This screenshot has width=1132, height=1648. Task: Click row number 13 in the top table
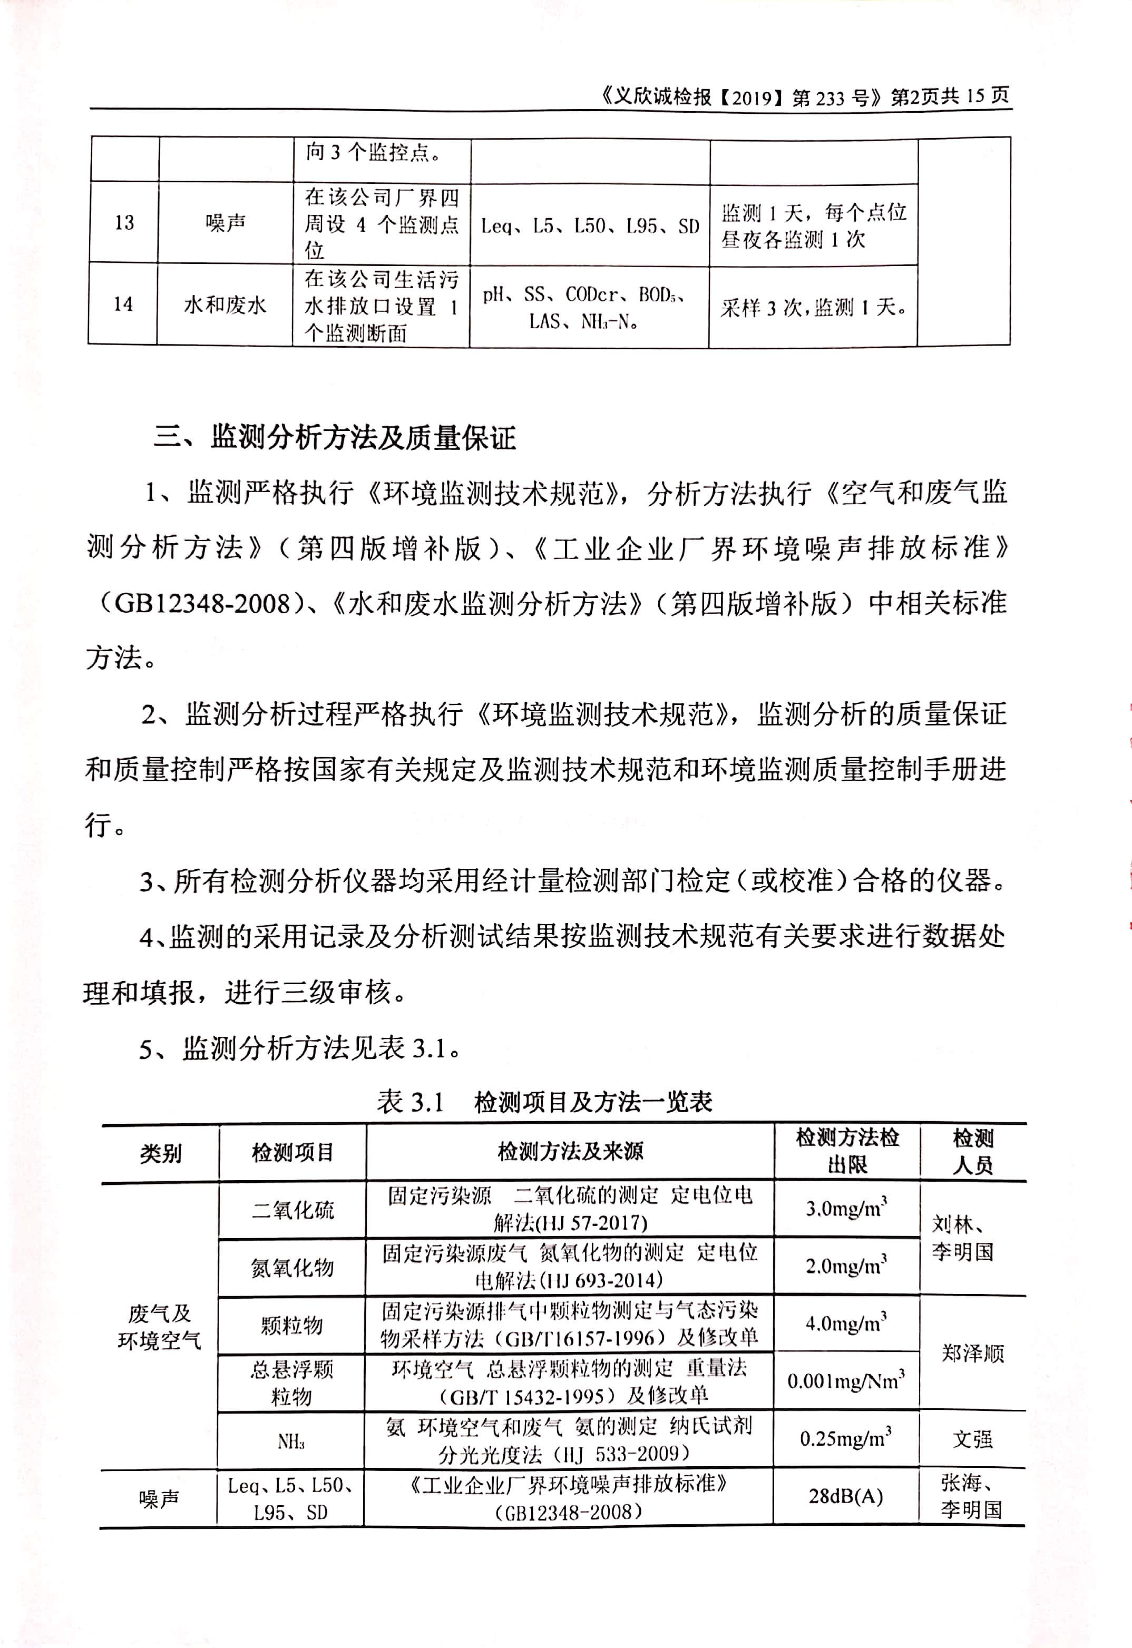pyautogui.click(x=124, y=223)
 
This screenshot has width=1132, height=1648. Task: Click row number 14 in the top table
pyautogui.click(x=123, y=304)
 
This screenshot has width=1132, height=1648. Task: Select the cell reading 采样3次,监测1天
pyautogui.click(x=813, y=307)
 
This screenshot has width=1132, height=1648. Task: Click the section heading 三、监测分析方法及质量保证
pyautogui.click(x=334, y=437)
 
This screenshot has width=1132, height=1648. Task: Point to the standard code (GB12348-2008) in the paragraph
pyautogui.click(x=195, y=603)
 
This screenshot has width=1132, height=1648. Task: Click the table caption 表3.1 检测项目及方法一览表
pyautogui.click(x=544, y=1101)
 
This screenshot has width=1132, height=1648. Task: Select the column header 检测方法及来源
pyautogui.click(x=570, y=1152)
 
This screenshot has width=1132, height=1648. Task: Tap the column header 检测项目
pyautogui.click(x=292, y=1152)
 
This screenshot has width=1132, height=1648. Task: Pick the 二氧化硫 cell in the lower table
pyautogui.click(x=292, y=1210)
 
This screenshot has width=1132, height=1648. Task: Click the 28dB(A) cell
pyautogui.click(x=845, y=1496)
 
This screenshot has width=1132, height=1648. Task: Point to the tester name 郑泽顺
pyautogui.click(x=972, y=1353)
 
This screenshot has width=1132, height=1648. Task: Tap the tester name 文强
pyautogui.click(x=972, y=1439)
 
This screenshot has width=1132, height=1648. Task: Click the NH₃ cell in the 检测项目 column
pyautogui.click(x=291, y=1441)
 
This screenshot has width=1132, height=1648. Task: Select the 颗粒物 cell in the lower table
pyautogui.click(x=291, y=1325)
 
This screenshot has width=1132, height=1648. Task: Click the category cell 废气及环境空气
pyautogui.click(x=160, y=1326)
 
